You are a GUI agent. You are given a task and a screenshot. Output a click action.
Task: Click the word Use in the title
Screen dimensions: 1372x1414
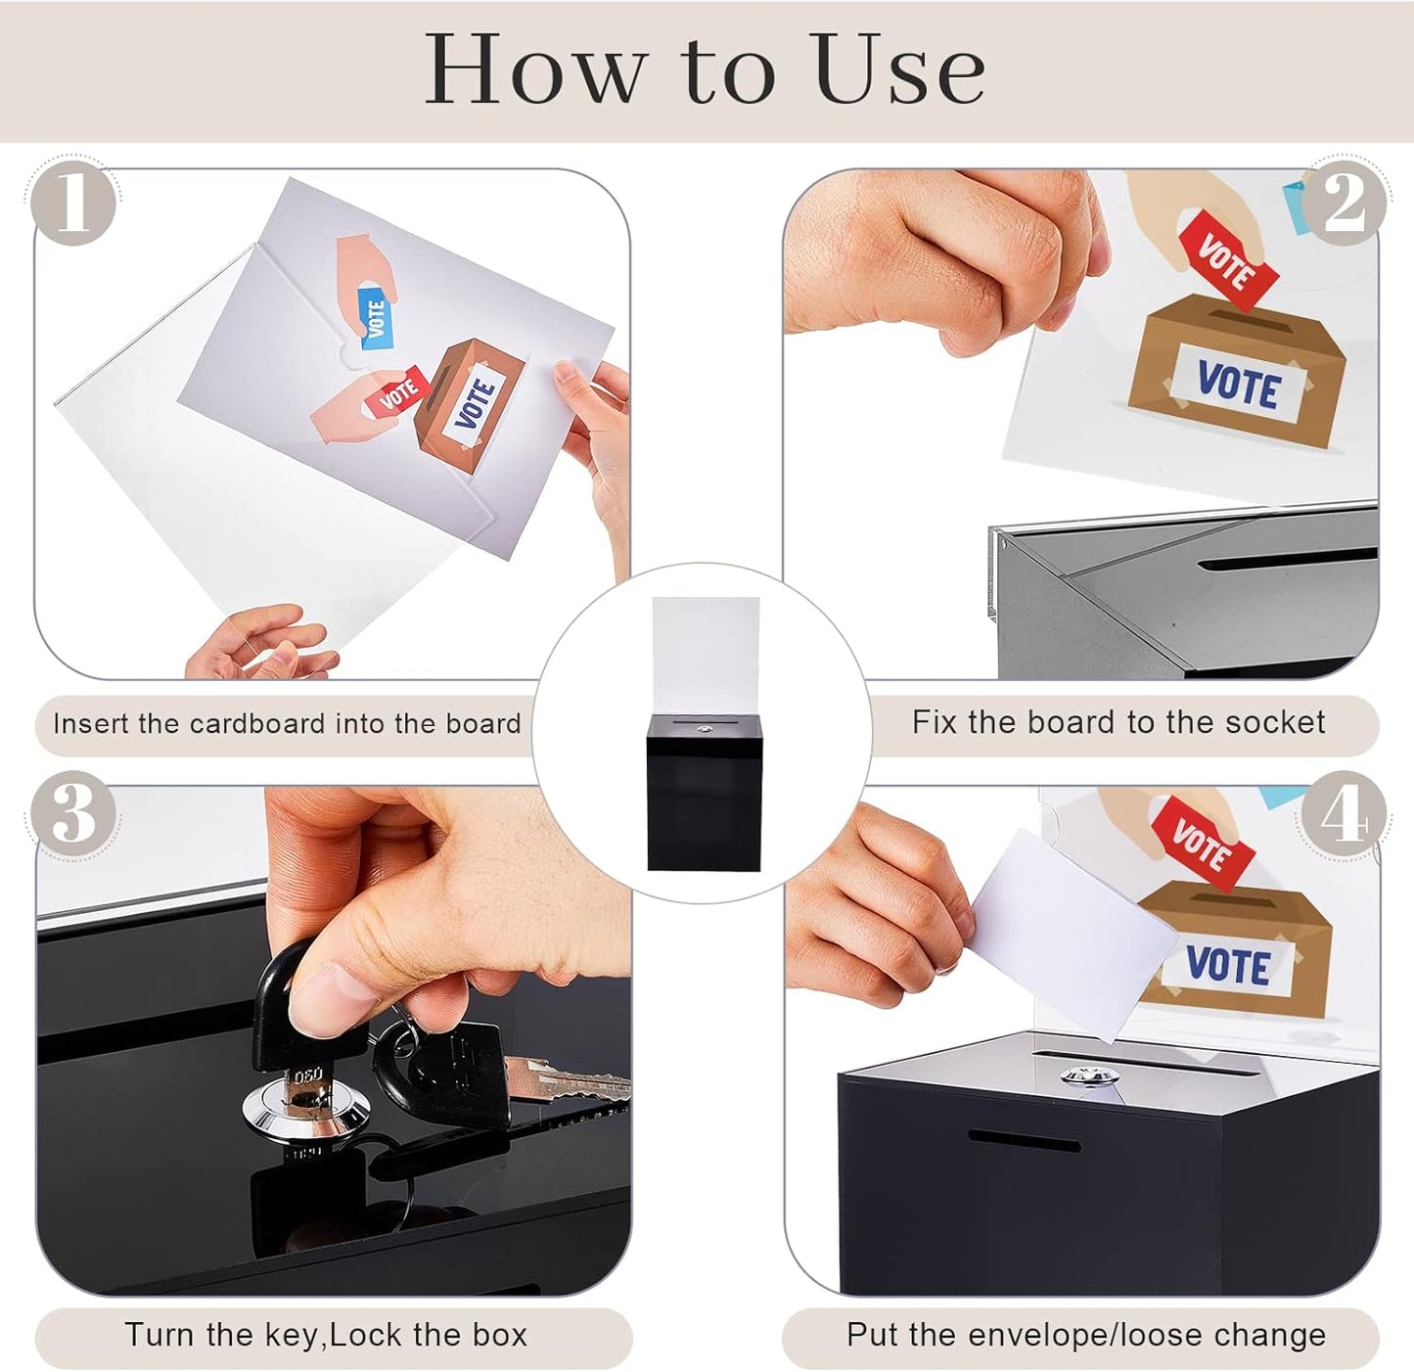tap(898, 69)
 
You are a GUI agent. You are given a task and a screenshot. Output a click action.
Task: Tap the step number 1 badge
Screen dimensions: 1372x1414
tap(74, 204)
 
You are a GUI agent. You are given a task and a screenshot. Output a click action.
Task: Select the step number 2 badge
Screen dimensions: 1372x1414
tap(1345, 204)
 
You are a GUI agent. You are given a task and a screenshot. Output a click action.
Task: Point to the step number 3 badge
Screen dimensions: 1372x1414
tap(74, 814)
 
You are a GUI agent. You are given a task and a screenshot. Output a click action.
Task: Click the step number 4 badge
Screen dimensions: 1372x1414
tap(1344, 814)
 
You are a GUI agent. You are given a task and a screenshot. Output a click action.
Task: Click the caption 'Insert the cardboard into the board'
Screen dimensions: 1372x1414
tap(287, 724)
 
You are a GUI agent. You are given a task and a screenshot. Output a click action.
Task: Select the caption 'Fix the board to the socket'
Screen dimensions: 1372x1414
tap(1118, 723)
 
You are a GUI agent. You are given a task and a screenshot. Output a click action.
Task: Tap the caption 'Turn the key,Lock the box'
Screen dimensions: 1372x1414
tap(326, 1335)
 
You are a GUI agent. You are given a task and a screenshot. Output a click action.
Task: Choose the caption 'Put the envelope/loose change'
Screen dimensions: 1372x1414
tap(1085, 1335)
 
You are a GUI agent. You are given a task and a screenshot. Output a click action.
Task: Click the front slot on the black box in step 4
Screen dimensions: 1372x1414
tap(1024, 1141)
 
